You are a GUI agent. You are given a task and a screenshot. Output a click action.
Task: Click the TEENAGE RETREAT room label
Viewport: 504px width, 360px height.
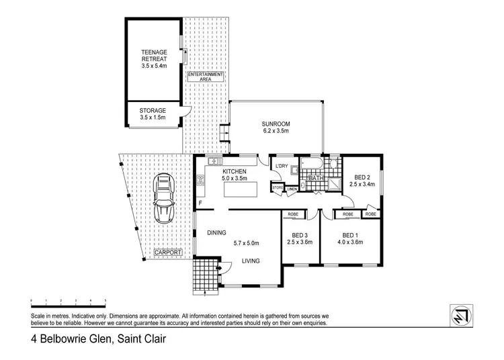pyautogui.click(x=153, y=58)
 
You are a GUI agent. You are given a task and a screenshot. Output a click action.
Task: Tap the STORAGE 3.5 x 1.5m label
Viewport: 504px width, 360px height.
pyautogui.click(x=153, y=114)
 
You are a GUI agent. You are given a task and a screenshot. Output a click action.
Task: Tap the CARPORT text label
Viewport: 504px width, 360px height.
pyautogui.click(x=168, y=253)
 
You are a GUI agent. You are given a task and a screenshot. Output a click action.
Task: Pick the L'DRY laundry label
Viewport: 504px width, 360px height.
pyautogui.click(x=281, y=165)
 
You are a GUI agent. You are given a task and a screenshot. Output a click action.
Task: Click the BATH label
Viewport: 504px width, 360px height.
pyautogui.click(x=316, y=179)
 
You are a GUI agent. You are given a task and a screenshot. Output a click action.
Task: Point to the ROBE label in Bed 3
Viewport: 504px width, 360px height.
pyautogui.click(x=294, y=215)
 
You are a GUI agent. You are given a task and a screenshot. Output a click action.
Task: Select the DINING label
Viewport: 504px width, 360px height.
pyautogui.click(x=216, y=232)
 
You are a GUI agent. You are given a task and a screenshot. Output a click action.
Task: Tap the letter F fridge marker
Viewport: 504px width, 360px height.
pyautogui.click(x=200, y=204)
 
